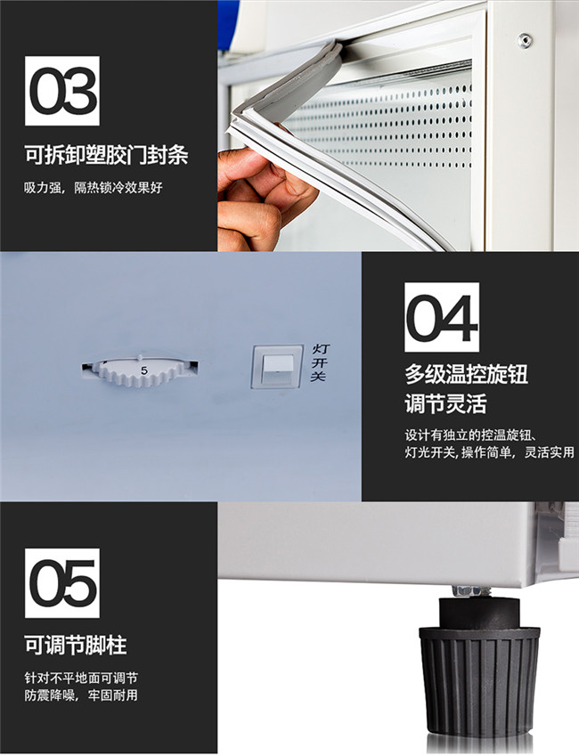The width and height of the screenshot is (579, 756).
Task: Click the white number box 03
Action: pos(62,91)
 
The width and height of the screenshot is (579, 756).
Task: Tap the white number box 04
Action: pos(442,317)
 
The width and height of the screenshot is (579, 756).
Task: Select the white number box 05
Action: pos(62,583)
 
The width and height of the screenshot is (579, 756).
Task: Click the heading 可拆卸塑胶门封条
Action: pos(106,155)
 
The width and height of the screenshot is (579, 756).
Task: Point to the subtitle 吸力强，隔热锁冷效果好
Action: pos(94,188)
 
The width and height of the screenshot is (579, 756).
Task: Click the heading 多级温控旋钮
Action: pos(466,374)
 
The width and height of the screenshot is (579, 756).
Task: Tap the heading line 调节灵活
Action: pos(445,403)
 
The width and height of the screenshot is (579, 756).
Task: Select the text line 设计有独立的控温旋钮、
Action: pos(471,435)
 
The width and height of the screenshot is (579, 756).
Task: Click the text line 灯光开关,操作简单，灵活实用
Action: pos(489,452)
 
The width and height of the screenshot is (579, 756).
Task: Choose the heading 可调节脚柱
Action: pos(75,645)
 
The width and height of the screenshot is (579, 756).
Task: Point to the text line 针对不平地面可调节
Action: pos(81,678)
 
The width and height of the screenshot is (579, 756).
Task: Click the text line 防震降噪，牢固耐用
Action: pos(81,695)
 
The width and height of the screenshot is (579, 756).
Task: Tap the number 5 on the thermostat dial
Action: pos(143,370)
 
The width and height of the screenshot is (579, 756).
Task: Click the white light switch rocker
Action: pos(279,368)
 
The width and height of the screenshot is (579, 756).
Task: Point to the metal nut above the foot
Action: pos(467,590)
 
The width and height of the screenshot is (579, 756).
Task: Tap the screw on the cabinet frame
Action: pos(525,40)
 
